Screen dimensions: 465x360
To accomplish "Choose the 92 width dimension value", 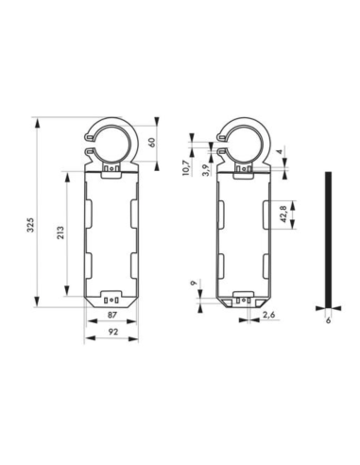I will pyautogui.click(x=111, y=333).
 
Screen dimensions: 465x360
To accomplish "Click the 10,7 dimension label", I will pyautogui.click(x=185, y=167).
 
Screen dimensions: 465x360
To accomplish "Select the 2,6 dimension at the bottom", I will pyautogui.click(x=268, y=314).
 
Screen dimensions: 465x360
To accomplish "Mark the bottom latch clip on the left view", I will pyautogui.click(x=112, y=297).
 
